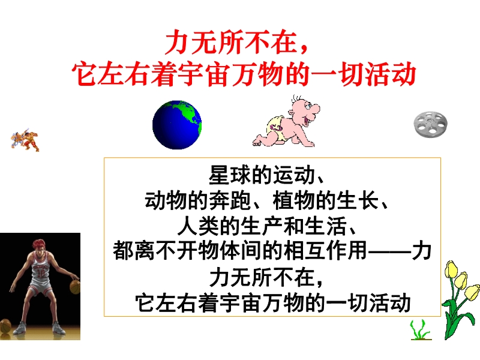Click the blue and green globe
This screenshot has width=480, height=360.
click(x=177, y=125)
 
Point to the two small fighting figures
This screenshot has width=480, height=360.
click(x=25, y=140)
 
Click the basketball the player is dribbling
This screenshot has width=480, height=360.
click(x=74, y=287)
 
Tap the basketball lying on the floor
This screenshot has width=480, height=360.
click(x=5, y=326)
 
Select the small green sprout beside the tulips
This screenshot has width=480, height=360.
click(x=420, y=330)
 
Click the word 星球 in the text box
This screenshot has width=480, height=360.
click(x=230, y=175)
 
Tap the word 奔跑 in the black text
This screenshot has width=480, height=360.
click(x=230, y=201)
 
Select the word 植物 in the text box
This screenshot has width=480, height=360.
click(x=293, y=201)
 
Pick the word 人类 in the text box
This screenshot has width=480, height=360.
click(x=198, y=226)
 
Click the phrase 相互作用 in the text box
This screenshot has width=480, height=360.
click(x=325, y=251)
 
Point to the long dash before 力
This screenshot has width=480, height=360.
click(x=389, y=252)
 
